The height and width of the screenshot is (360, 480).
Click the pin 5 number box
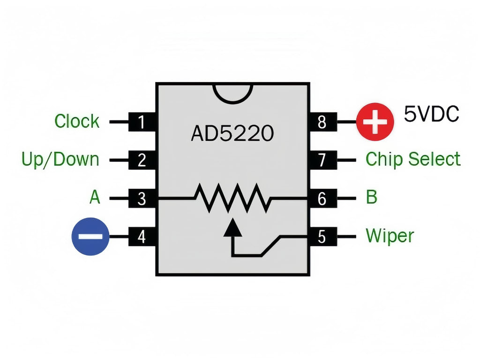point(322,237)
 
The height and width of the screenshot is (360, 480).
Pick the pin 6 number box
point(322,199)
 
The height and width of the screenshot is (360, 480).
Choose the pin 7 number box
point(322,160)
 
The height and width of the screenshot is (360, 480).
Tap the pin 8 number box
point(322,122)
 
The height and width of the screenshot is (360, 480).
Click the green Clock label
point(77,121)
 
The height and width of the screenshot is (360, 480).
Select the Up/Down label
point(60,159)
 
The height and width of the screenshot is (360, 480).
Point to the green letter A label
point(95,197)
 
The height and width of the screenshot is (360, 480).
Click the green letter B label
point(371,197)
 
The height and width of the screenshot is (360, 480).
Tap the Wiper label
point(390,235)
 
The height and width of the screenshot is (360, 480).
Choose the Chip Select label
point(413,159)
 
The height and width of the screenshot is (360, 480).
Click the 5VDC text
point(431,114)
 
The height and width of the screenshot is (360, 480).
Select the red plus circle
point(375,122)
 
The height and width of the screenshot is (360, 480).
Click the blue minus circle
point(90,237)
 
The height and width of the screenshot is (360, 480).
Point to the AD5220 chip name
point(232,135)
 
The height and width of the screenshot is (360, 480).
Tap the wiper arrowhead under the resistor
point(232,228)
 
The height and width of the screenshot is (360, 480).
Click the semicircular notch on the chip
point(232,92)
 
